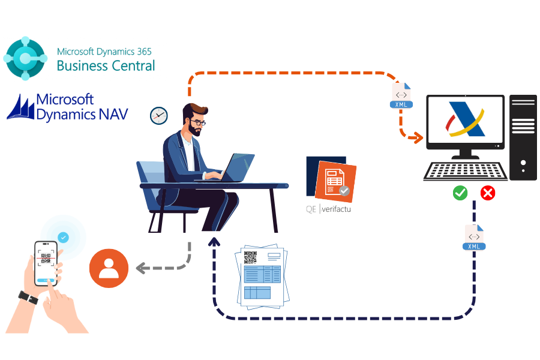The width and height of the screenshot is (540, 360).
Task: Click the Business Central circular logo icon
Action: click(25, 58)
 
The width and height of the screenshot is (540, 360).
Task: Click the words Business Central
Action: click(106, 65)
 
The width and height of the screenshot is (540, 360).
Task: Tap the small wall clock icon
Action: click(158, 115)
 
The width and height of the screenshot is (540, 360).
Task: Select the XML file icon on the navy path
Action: click(474, 238)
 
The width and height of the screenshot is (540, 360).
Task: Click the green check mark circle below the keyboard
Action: click(460, 193)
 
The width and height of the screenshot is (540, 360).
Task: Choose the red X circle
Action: click(488, 193)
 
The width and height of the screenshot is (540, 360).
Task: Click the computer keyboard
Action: click(465, 171)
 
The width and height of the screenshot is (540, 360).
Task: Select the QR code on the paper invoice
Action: click(250, 258)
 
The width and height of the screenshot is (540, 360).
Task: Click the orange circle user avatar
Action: click(109, 268)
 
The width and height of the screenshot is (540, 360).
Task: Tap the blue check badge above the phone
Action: click(64, 238)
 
